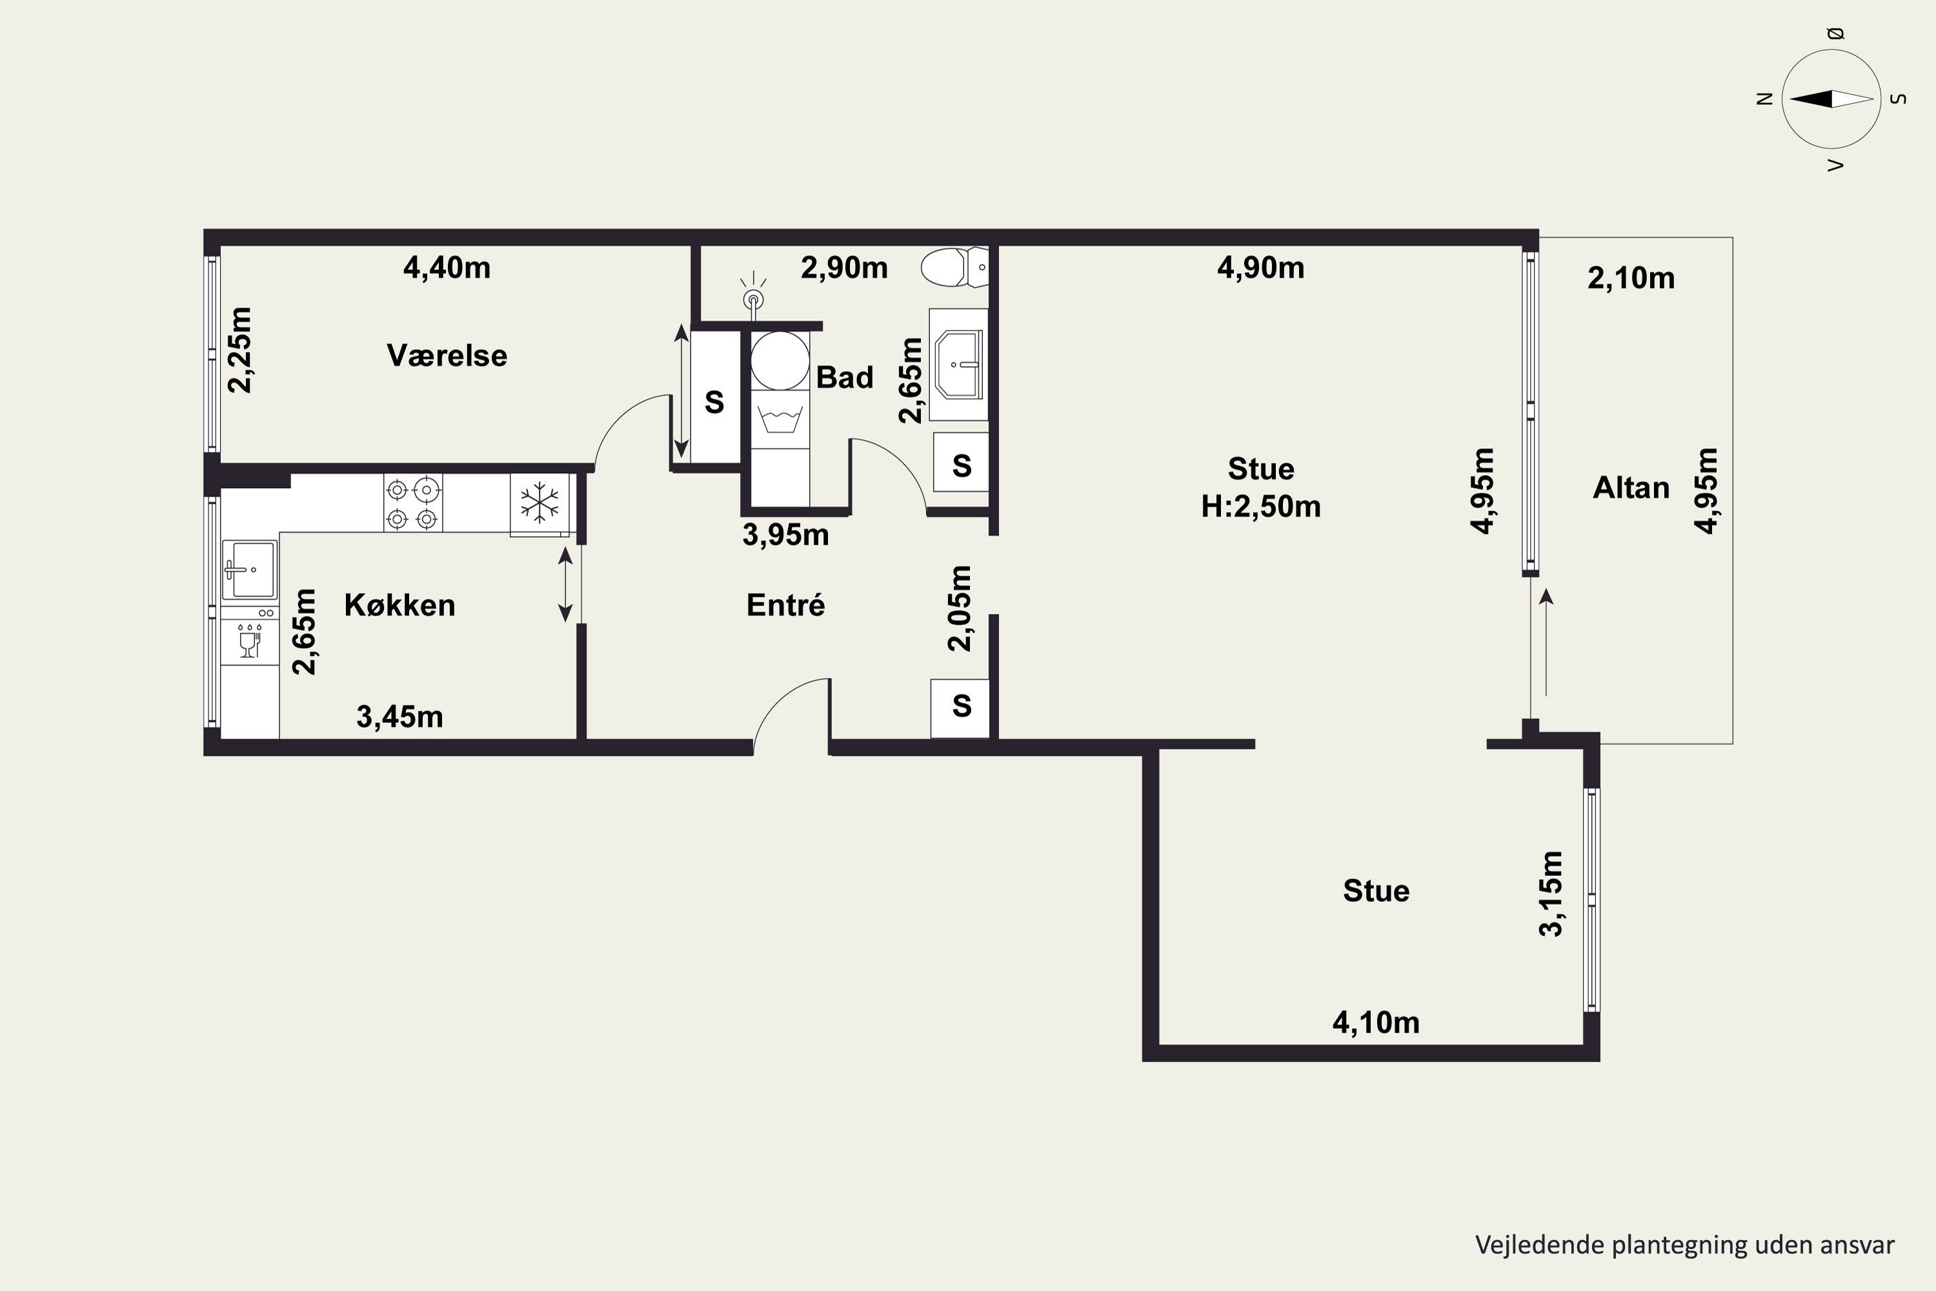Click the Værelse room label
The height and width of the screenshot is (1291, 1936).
coord(447,356)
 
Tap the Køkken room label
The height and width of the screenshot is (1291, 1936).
coord(399,605)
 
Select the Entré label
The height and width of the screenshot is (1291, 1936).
coord(785,605)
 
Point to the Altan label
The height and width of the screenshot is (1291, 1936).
coord(1631,487)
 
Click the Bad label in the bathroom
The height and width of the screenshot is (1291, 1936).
coord(845,377)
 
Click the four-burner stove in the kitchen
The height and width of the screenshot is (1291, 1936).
coord(413,503)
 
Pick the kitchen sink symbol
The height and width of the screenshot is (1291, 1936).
coord(249,569)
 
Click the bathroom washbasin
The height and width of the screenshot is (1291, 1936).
coord(959,364)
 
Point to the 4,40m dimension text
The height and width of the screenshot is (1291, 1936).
coord(447,268)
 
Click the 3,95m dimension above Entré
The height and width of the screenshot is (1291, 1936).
coord(785,535)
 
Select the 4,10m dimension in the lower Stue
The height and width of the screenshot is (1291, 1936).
coord(1376,1022)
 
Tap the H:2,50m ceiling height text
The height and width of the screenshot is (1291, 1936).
coord(1260,506)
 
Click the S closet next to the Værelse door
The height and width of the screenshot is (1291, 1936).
coord(714,402)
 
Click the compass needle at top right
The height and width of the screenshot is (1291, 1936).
coord(1831,99)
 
